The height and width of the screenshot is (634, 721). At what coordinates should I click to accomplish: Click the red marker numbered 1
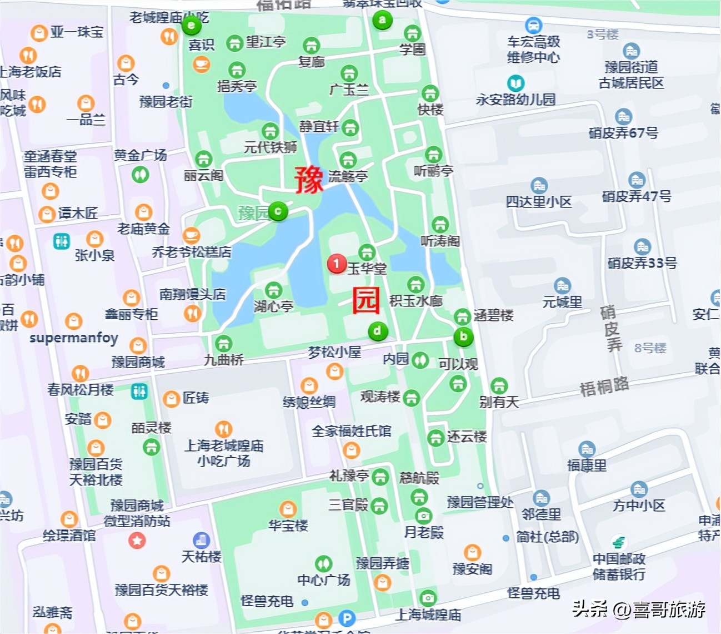click(x=336, y=264)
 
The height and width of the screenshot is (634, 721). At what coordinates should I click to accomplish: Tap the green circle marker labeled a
click(x=382, y=21)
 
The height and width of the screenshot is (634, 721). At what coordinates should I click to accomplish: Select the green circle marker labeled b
click(x=463, y=336)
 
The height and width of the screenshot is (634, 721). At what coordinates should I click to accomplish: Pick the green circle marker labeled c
click(x=278, y=211)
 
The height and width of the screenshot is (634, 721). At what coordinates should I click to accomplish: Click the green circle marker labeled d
click(x=378, y=331)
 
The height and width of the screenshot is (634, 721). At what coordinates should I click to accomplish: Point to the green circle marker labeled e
click(x=192, y=25)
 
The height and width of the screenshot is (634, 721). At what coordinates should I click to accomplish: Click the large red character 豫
click(x=309, y=180)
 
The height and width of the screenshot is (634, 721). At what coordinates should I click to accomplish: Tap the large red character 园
click(x=366, y=301)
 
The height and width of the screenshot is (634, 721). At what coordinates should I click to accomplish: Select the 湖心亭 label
click(x=273, y=306)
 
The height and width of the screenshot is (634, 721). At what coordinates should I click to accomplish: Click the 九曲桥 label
click(x=224, y=360)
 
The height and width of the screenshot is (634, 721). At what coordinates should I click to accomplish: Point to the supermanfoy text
click(x=74, y=338)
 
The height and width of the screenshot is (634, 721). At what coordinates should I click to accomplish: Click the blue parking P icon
click(x=347, y=618)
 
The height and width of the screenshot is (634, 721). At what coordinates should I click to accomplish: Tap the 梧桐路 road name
click(x=604, y=386)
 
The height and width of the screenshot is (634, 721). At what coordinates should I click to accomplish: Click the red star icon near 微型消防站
click(x=137, y=540)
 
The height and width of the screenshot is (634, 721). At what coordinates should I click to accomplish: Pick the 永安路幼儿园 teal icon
click(x=516, y=83)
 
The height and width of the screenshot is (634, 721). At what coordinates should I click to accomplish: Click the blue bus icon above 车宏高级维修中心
click(x=533, y=25)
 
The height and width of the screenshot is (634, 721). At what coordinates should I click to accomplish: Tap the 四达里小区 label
click(x=538, y=201)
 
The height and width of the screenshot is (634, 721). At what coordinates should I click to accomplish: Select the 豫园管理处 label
click(x=480, y=502)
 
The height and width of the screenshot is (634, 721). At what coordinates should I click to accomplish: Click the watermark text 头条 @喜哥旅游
click(x=639, y=609)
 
